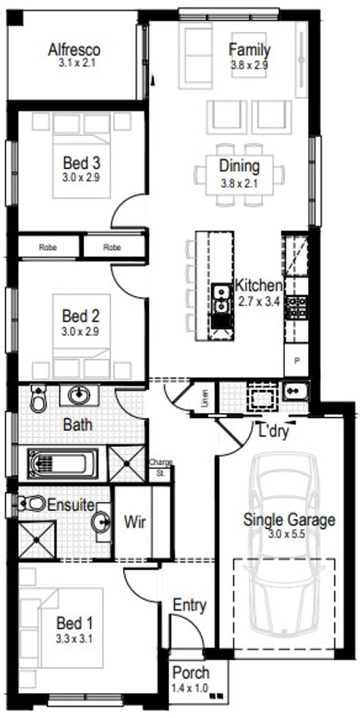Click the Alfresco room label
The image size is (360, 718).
(x=77, y=49)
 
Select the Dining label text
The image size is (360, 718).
(x=239, y=166)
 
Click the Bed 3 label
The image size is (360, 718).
(x=81, y=164)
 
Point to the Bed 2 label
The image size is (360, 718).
(x=81, y=315)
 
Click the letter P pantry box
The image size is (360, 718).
(x=297, y=361)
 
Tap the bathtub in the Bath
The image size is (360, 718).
(x=61, y=463)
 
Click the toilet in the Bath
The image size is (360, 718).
(x=38, y=397)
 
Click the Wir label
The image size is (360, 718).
(x=134, y=522)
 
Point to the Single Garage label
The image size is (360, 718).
(x=289, y=520)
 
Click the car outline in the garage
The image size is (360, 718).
(x=283, y=550)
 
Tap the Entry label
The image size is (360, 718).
(x=189, y=606)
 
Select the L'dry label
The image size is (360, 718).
(x=273, y=434)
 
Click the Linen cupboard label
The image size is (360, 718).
(x=205, y=396)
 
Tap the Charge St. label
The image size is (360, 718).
(x=160, y=467)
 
